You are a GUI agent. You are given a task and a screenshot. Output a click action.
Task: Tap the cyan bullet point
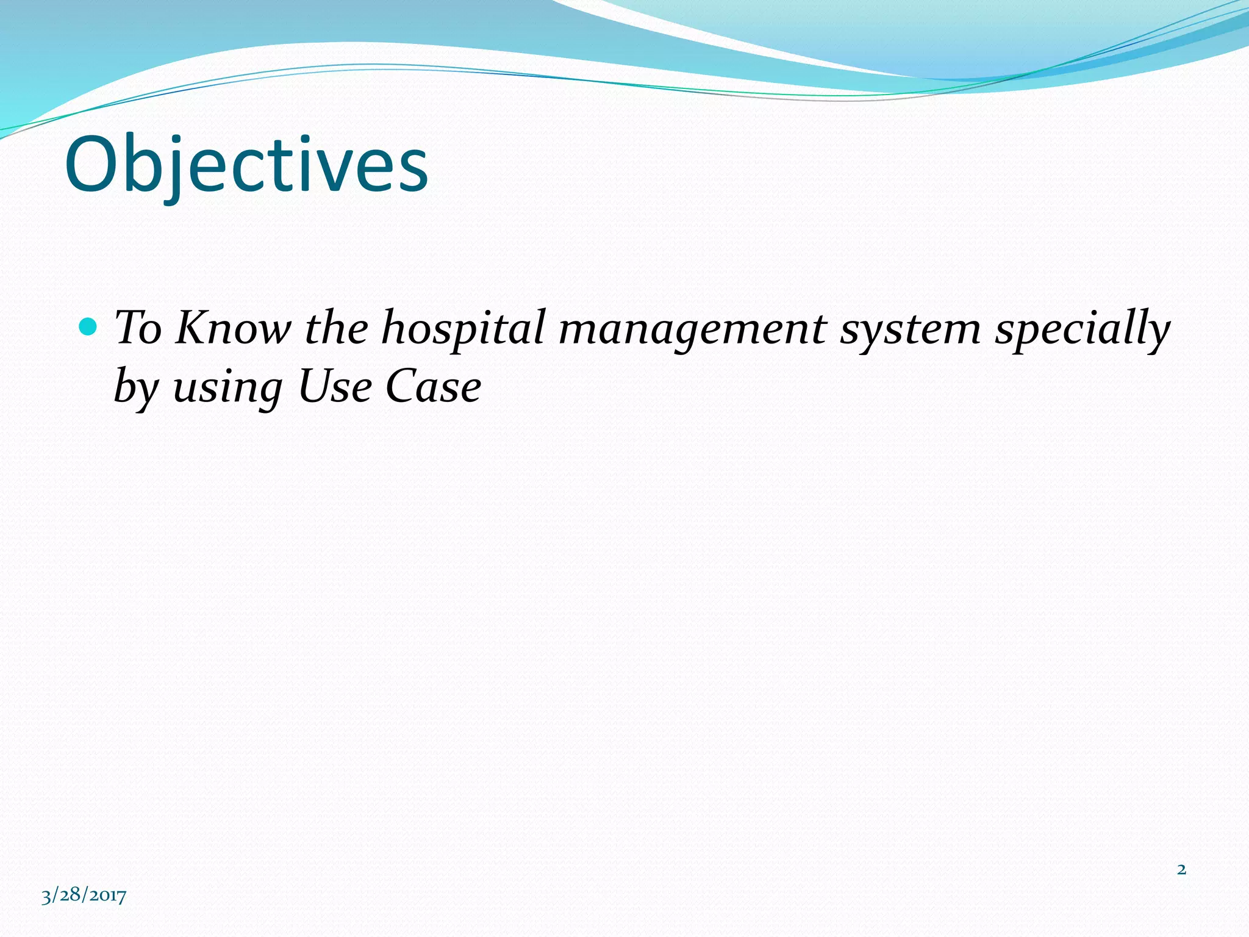point(88,328)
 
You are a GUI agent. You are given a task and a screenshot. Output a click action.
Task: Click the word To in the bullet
point(138,328)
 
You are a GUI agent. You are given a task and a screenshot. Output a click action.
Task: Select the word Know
point(234,328)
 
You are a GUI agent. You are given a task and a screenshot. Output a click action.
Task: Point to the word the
point(337,328)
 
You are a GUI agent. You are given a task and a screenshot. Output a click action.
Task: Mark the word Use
point(335,387)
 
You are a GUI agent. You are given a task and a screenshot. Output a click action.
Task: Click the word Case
point(433,387)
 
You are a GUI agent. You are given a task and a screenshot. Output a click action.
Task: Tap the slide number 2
point(1181,869)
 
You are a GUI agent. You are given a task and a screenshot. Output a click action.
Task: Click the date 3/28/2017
point(84,895)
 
